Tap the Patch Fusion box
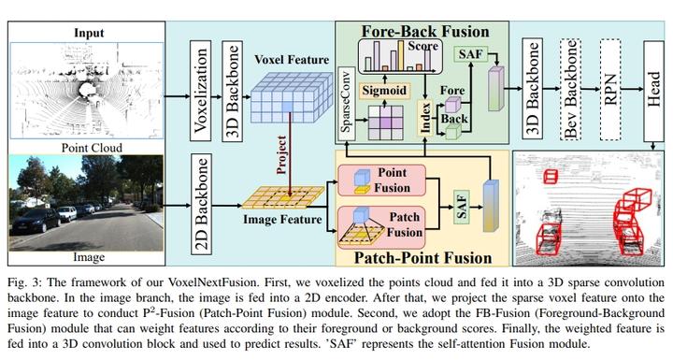[x=383, y=223]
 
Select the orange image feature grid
[x=286, y=196]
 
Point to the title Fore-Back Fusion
[x=414, y=32]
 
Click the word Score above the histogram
[x=422, y=44]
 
